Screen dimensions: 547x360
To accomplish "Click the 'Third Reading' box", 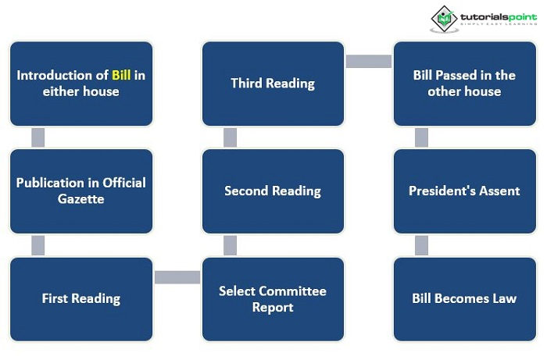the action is click(273, 84).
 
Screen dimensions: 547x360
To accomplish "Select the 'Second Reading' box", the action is click(273, 191).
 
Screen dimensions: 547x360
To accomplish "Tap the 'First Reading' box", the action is click(81, 299).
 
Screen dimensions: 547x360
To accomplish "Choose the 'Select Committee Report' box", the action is click(273, 299).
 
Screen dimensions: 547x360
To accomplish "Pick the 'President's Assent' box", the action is click(465, 191).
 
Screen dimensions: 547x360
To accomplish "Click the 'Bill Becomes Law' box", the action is click(465, 299).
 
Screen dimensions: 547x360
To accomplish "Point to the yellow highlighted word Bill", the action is click(121, 75).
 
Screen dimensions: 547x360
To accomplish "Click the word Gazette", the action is click(81, 199).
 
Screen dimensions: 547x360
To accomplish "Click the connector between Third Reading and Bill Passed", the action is click(369, 62).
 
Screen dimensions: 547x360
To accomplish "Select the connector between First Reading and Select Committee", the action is click(177, 277).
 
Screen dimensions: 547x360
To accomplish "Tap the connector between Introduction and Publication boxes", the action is click(38, 137).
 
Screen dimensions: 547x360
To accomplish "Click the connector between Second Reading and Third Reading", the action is click(230, 137).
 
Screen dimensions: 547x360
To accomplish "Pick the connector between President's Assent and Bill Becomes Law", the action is click(421, 245).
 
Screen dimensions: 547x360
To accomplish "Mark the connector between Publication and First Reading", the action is click(38, 245).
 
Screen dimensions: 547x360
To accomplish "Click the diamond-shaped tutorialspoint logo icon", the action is click(444, 19).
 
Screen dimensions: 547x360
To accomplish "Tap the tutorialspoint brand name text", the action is click(499, 16).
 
